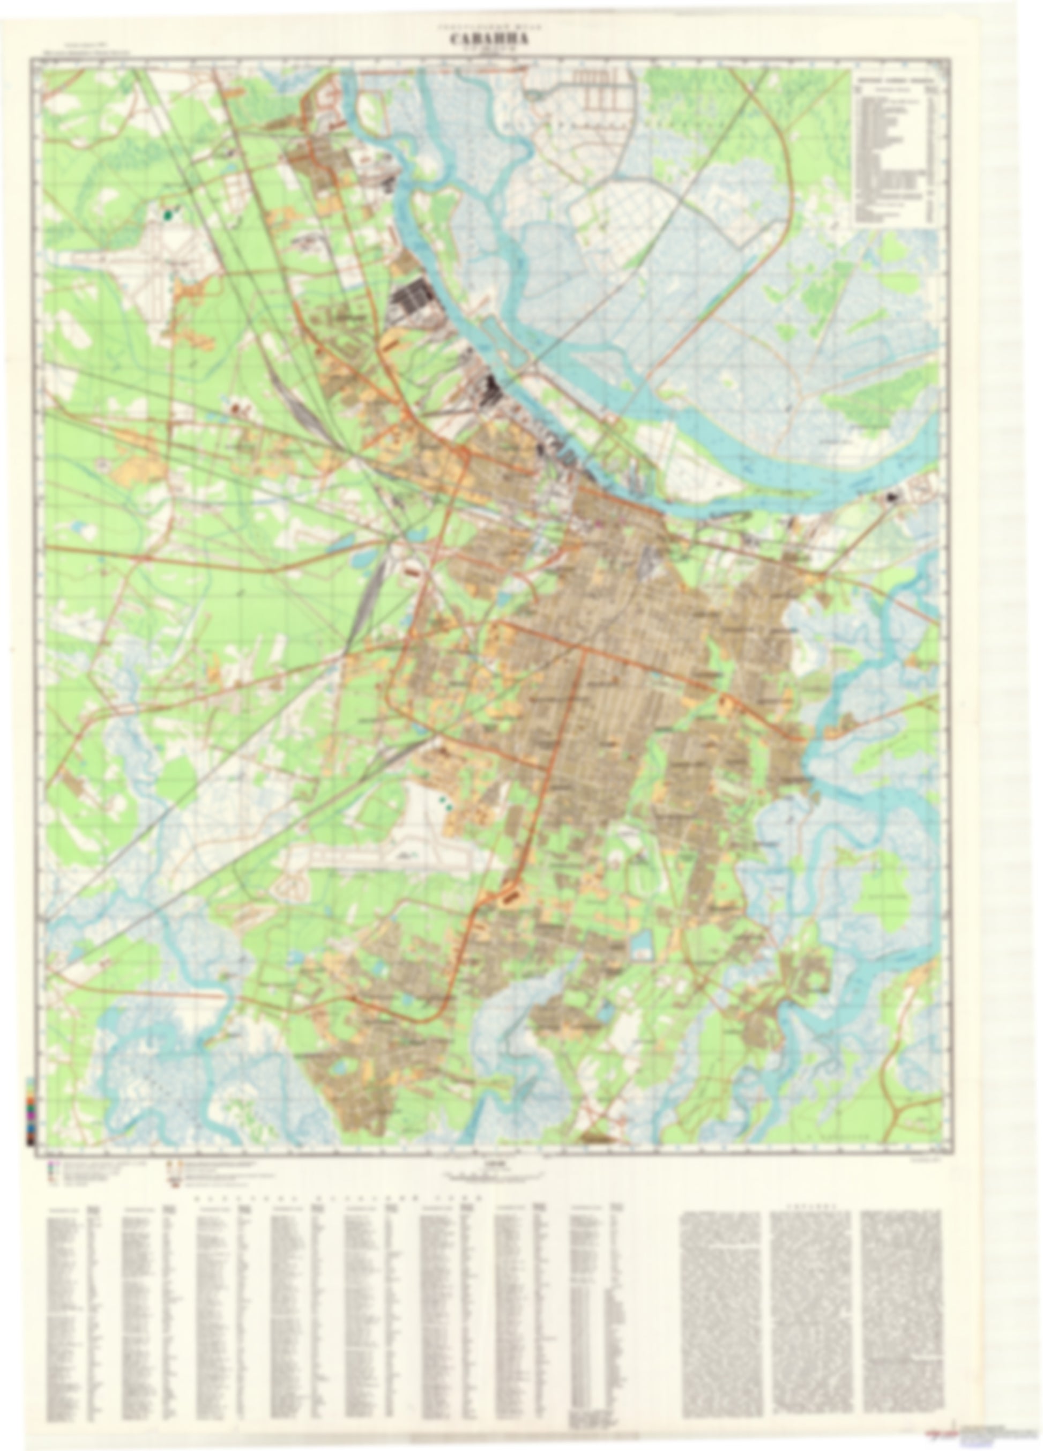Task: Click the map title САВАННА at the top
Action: click(489, 40)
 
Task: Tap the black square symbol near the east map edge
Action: click(892, 496)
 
